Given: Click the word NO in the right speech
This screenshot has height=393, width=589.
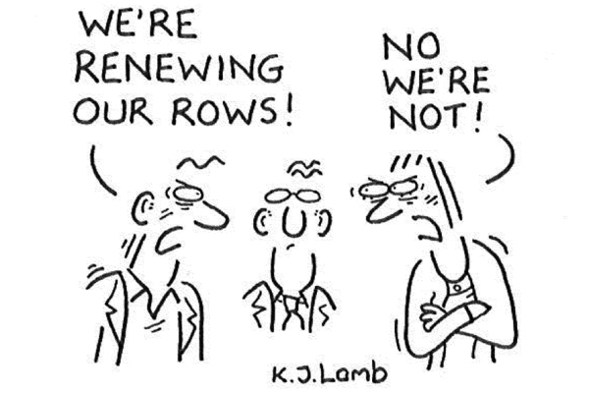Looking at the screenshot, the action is (411, 46).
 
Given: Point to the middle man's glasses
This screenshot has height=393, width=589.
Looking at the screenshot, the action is (293, 196).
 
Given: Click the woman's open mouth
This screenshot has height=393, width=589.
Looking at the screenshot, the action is (428, 228).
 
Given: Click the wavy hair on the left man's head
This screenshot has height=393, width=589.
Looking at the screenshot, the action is (201, 162).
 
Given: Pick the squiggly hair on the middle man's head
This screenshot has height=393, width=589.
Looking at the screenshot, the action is (305, 168).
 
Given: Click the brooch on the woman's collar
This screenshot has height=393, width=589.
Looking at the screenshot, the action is (457, 288).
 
